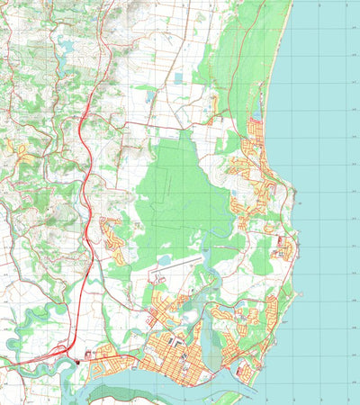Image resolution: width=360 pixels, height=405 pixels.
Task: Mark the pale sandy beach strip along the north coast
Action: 279,54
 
